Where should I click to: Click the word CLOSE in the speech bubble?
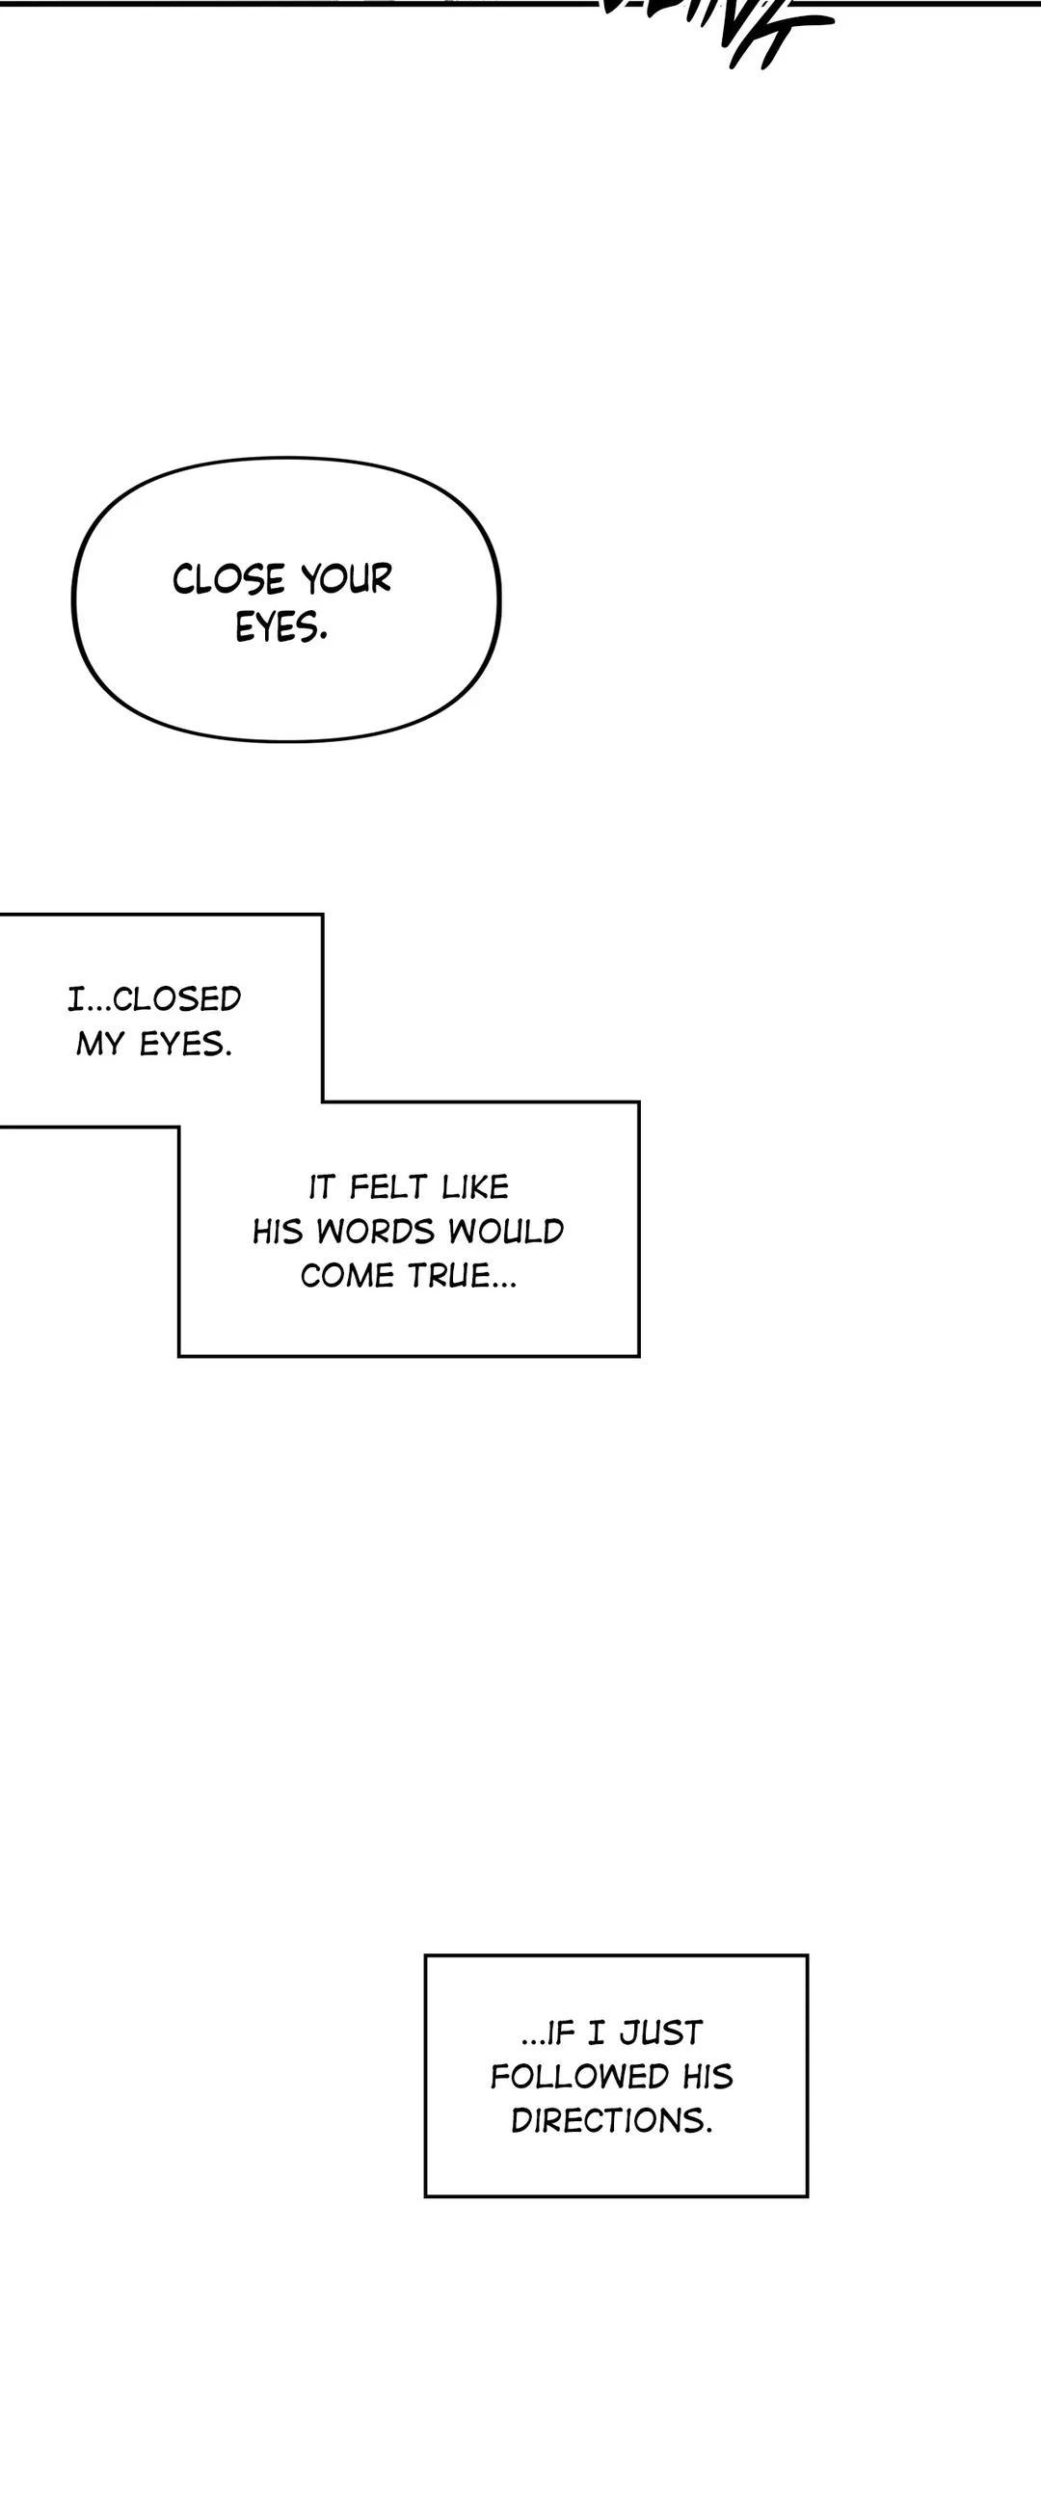click(x=228, y=579)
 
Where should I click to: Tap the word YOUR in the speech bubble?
click(x=346, y=579)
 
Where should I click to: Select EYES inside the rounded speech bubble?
click(x=280, y=627)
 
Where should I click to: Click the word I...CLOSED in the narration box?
click(x=154, y=998)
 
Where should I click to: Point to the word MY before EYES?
click(x=101, y=1044)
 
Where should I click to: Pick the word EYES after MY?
click(x=185, y=1044)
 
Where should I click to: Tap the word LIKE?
click(x=474, y=1186)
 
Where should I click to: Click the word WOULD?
click(x=505, y=1231)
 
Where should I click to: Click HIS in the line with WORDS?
click(x=278, y=1231)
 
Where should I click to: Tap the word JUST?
click(x=661, y=2032)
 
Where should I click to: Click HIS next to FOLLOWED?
click(x=707, y=2077)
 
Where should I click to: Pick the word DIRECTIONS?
click(x=611, y=2122)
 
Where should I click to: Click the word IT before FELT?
click(x=322, y=1186)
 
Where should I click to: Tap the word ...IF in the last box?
click(x=548, y=2032)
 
